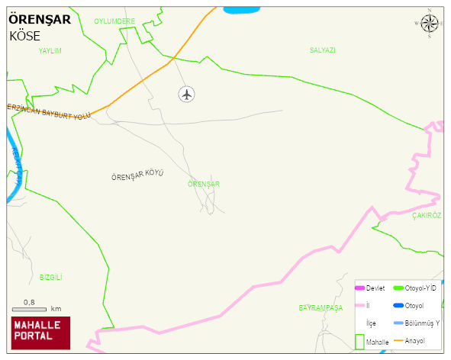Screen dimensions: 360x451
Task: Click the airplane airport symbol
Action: click(x=187, y=94)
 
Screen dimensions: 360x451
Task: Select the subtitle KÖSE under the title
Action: click(x=24, y=35)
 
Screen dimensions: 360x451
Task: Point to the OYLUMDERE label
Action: click(x=114, y=21)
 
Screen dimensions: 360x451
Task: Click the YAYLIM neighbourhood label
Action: click(x=50, y=50)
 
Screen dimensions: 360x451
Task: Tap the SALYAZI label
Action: click(x=323, y=50)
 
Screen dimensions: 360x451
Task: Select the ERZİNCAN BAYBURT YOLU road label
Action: click(x=48, y=111)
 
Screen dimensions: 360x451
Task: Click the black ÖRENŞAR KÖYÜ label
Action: click(x=137, y=176)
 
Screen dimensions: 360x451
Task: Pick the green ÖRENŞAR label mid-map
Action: click(x=203, y=184)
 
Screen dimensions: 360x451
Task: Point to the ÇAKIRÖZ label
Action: click(x=427, y=216)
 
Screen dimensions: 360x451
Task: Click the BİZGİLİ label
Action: click(x=50, y=277)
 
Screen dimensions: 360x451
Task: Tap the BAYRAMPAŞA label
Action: click(x=321, y=307)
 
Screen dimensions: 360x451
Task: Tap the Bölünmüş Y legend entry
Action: click(x=417, y=323)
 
